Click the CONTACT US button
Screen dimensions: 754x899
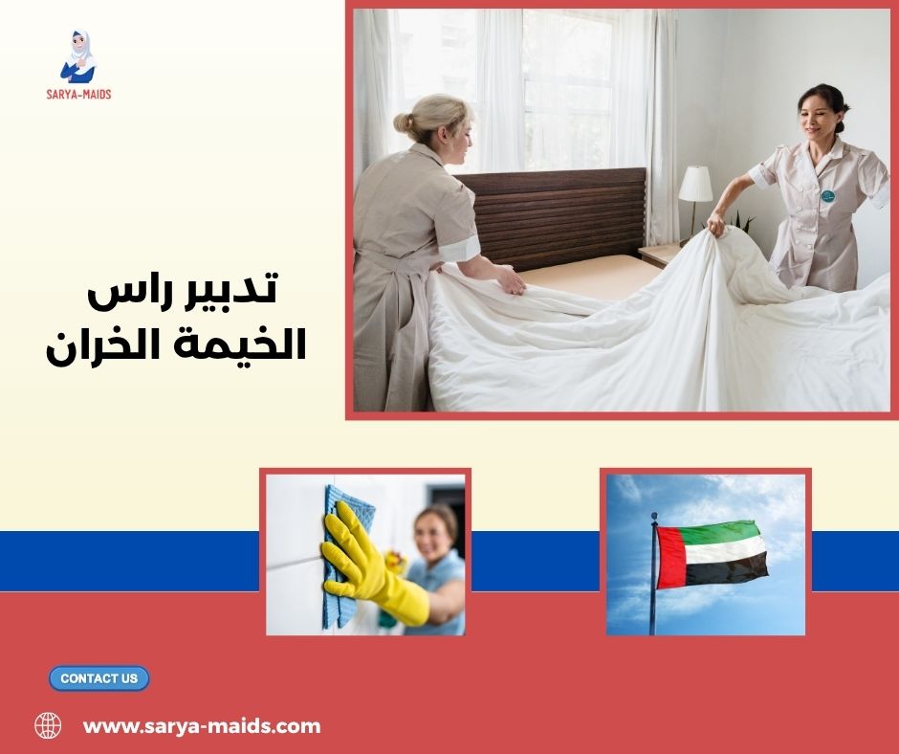pyautogui.click(x=99, y=678)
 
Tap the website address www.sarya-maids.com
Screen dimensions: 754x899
pyautogui.click(x=202, y=726)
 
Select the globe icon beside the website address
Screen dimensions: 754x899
pyautogui.click(x=48, y=725)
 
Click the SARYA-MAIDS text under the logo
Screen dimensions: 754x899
pyautogui.click(x=78, y=94)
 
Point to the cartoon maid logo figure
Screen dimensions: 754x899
pyautogui.click(x=78, y=56)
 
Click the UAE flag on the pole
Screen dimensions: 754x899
pyautogui.click(x=712, y=554)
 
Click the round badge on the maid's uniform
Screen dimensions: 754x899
pyautogui.click(x=827, y=195)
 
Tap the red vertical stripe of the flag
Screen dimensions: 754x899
pyautogui.click(x=671, y=556)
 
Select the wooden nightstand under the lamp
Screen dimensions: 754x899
pyautogui.click(x=660, y=254)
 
